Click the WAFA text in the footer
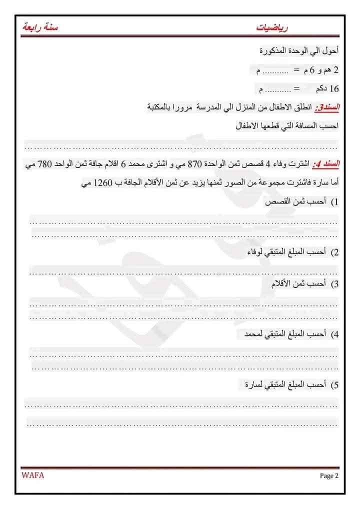(33, 475)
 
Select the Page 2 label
(329, 475)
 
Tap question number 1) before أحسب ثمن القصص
(334, 202)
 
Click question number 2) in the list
(334, 252)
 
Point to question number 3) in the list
(334, 284)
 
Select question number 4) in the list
(334, 333)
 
